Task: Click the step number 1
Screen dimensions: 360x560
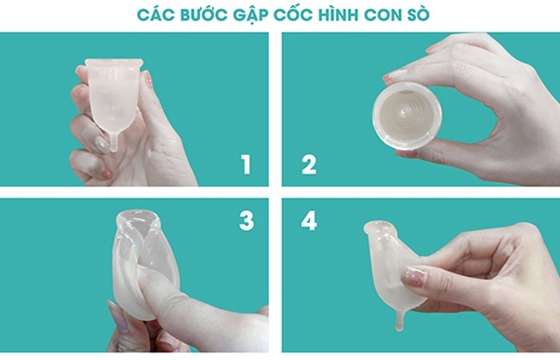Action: coord(246,165)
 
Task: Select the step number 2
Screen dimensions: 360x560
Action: coord(309,165)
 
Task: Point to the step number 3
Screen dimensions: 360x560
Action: coord(246,221)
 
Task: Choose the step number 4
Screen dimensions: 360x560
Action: coord(309,221)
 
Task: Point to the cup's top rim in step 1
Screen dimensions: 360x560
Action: coord(113,65)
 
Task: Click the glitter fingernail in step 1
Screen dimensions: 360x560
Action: coord(101,145)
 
